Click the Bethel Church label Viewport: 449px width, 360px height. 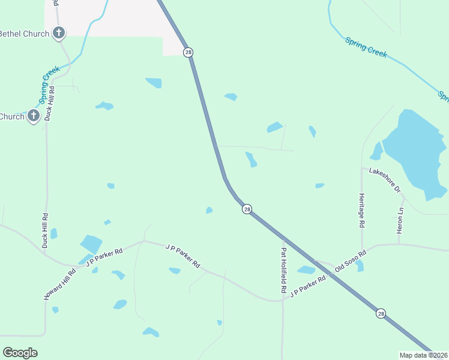tap(24, 34)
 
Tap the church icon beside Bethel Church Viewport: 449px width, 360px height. tap(58, 33)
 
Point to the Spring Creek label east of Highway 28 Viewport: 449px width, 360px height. tap(366, 47)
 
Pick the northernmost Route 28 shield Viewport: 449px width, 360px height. tap(188, 53)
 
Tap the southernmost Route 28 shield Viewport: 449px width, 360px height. tap(381, 313)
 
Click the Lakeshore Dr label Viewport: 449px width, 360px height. tap(385, 179)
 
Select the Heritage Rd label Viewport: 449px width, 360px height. tap(362, 209)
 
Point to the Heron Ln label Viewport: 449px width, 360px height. tap(400, 220)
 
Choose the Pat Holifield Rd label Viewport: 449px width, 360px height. tap(283, 271)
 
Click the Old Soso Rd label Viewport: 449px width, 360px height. tap(350, 262)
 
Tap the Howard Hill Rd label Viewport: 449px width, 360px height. tap(60, 284)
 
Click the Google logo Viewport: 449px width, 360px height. tap(20, 353)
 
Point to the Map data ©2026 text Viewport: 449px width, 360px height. tap(423, 355)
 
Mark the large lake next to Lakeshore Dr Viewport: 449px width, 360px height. tap(414, 153)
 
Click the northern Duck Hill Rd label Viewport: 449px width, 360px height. tap(52, 104)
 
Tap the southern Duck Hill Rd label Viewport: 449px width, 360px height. tap(45, 230)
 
